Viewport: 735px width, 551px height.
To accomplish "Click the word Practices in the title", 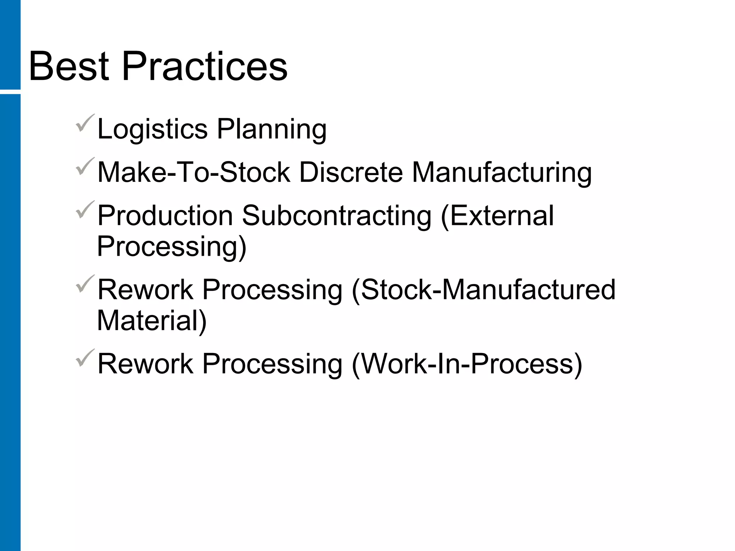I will point(205,67).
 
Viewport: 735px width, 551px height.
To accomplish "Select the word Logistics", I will point(153,129).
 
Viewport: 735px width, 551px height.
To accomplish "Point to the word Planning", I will point(272,129).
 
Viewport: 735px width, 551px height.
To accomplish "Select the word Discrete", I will point(351,172).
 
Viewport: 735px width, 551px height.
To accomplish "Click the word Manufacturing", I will point(501,172).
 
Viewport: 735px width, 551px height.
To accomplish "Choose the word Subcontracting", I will point(337,216).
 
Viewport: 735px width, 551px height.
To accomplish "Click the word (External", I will point(497,216).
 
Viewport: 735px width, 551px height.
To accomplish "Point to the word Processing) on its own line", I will point(172,247).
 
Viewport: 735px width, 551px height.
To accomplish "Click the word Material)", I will point(152,321).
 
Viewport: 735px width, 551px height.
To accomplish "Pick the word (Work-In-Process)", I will point(467,364).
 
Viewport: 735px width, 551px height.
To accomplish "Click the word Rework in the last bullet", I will point(145,364).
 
